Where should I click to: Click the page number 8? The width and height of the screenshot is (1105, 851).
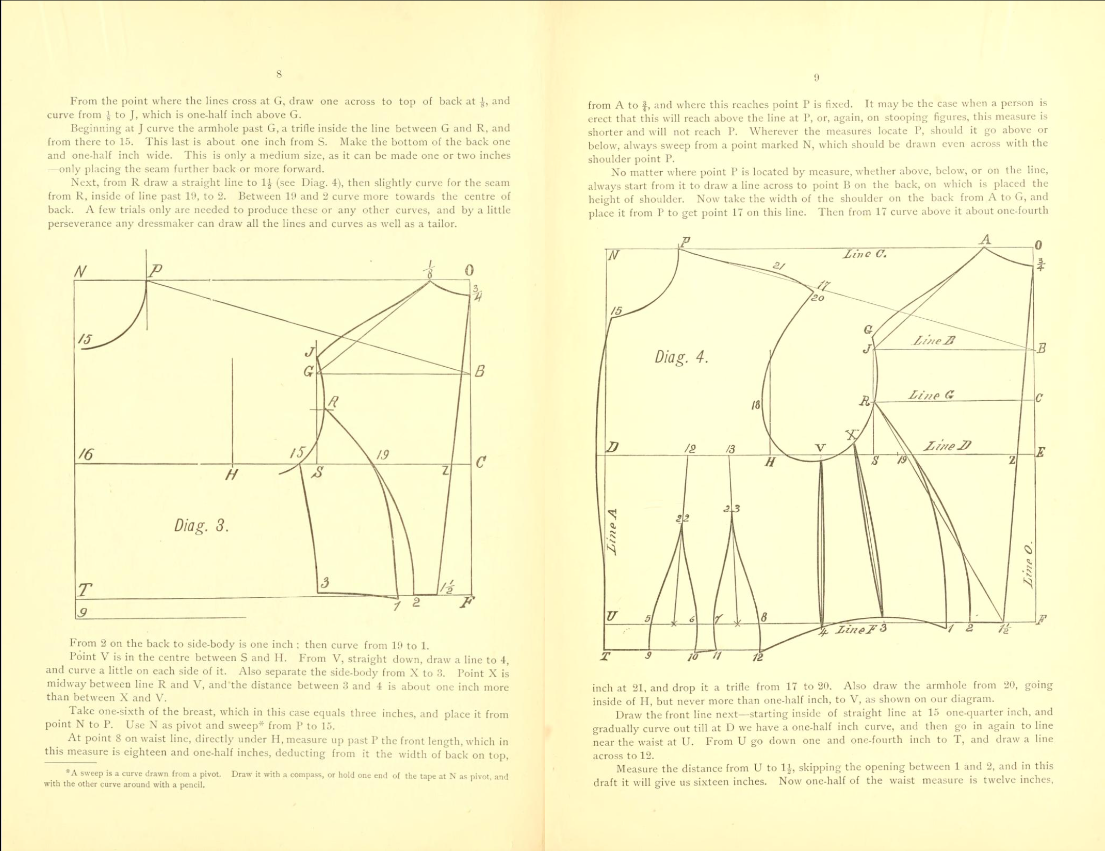tap(279, 74)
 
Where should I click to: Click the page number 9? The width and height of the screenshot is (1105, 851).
tap(816, 78)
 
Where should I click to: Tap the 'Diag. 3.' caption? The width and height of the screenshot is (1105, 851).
tap(201, 526)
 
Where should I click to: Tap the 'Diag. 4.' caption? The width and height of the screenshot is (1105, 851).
tap(681, 357)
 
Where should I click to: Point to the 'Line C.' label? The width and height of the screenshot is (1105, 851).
tap(865, 254)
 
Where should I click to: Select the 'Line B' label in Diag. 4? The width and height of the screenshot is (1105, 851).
tap(934, 340)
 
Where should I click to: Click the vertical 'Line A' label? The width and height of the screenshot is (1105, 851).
tap(612, 531)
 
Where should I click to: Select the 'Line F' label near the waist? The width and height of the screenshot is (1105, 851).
tap(856, 630)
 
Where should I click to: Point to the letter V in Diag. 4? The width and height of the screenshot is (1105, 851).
tap(820, 448)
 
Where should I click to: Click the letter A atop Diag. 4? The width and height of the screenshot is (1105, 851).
tap(985, 239)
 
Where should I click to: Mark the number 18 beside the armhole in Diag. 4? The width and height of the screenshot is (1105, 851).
tap(756, 405)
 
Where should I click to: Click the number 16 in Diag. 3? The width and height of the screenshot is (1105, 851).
tap(86, 454)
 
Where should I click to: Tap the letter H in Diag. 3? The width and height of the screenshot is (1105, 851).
tap(232, 474)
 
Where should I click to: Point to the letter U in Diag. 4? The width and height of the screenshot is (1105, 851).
tap(612, 616)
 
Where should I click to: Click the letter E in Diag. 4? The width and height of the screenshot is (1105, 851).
tap(1040, 452)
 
